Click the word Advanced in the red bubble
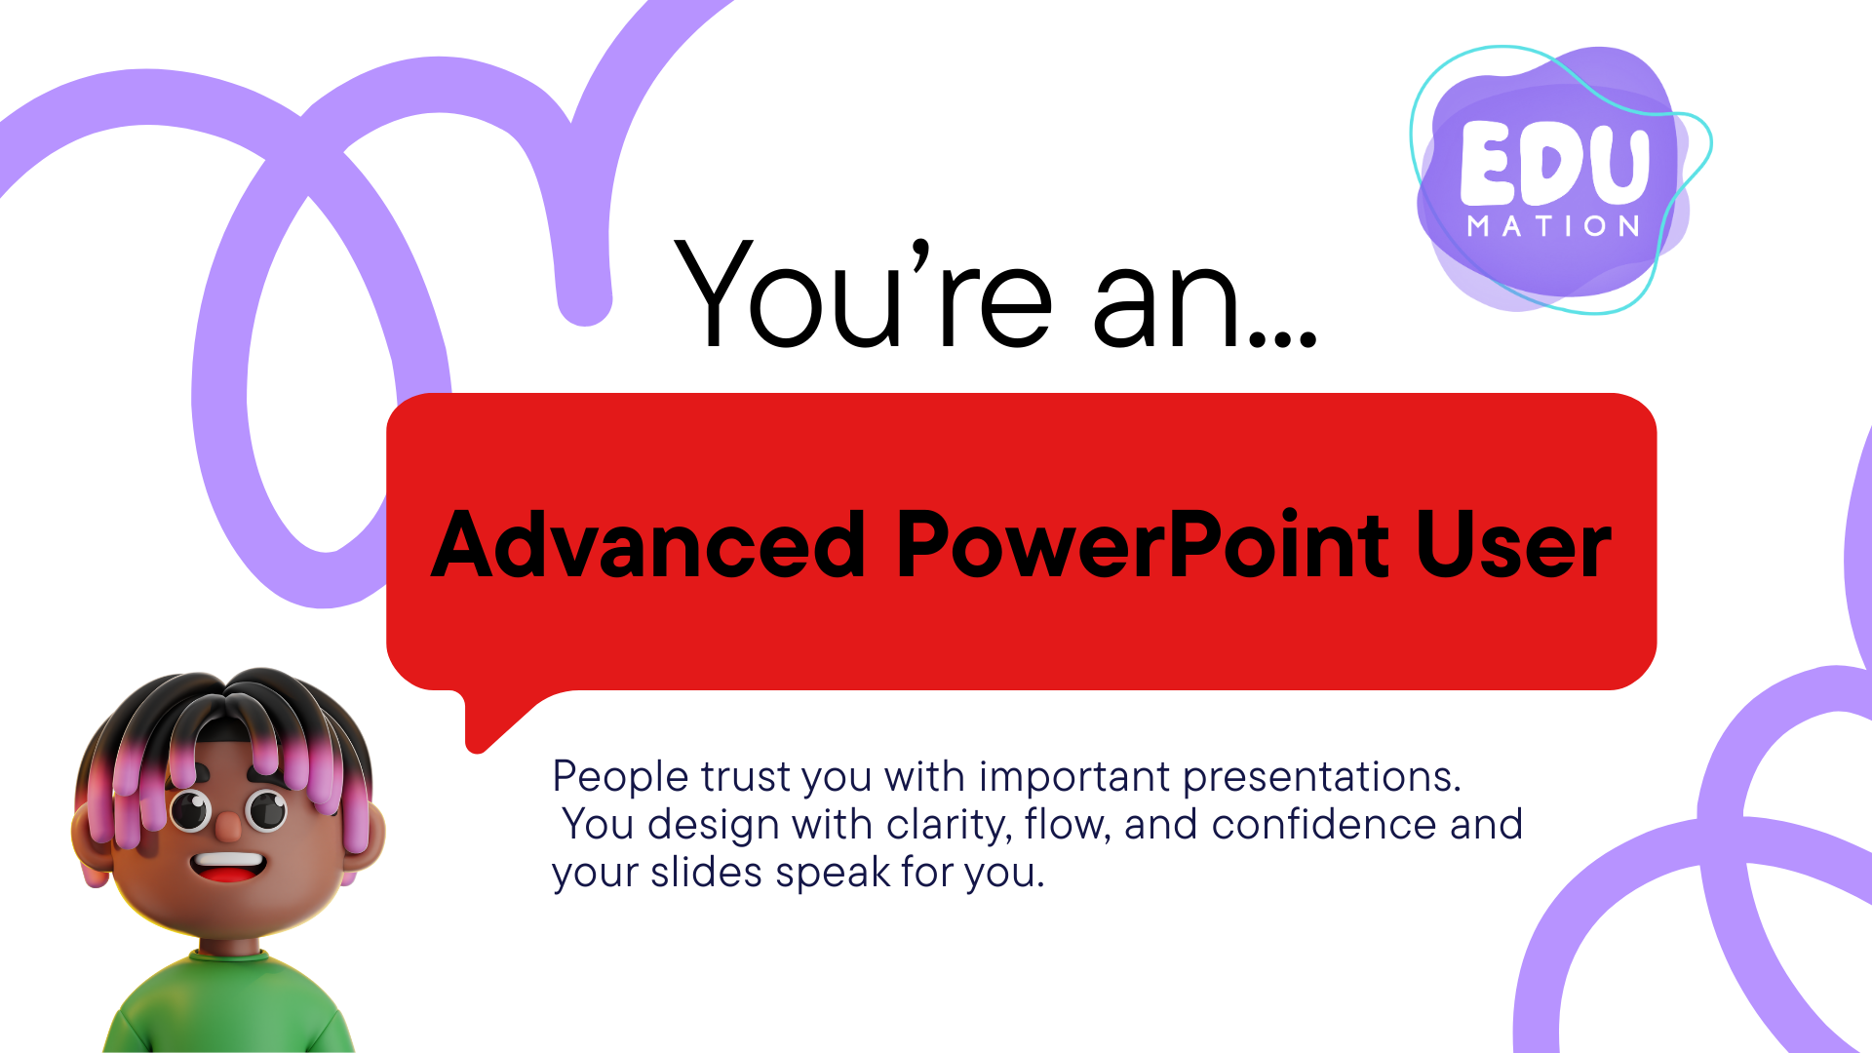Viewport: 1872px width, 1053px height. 648,544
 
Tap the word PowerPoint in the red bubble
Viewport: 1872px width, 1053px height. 1142,543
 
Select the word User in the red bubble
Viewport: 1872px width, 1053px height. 1513,545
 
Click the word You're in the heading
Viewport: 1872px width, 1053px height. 864,292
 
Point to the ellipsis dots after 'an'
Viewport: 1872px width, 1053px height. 1283,337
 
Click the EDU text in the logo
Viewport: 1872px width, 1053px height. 1554,162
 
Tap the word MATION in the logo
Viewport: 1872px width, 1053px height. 1554,226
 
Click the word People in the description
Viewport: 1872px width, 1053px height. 621,778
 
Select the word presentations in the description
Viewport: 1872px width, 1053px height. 1322,778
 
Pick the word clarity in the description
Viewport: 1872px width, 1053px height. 950,826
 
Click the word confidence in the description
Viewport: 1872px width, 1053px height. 1324,824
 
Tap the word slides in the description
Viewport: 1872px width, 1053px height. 706,872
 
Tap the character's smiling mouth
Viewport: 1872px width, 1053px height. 227,865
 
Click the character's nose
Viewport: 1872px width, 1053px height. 228,828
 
